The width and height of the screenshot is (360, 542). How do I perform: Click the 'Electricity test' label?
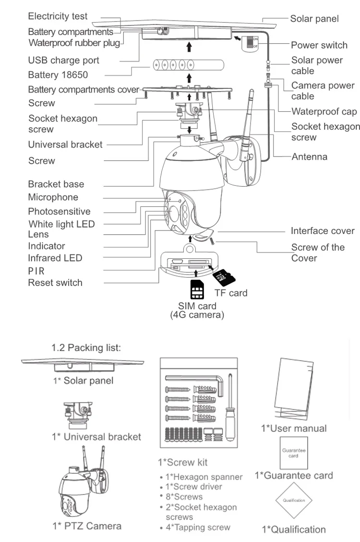point(58,16)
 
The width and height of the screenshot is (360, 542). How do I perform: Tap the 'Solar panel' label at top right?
point(314,19)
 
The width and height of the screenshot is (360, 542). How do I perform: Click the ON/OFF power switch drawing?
point(250,43)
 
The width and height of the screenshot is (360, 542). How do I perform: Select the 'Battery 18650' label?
point(58,75)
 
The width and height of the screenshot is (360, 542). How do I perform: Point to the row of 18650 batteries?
point(189,65)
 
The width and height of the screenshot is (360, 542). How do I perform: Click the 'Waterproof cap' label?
point(324,111)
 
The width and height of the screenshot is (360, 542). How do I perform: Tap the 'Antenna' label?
point(309,157)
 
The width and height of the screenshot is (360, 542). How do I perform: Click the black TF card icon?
point(224,277)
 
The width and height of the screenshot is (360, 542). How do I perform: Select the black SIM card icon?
point(197,289)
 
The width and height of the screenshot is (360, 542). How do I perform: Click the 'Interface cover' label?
point(323,230)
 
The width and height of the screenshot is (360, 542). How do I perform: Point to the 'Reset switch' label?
point(55,282)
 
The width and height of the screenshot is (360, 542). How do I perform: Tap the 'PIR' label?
point(36,271)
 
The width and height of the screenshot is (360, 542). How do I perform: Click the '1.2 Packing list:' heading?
point(86,348)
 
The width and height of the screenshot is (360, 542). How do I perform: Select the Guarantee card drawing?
point(293,453)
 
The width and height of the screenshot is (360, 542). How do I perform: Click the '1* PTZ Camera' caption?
point(87,526)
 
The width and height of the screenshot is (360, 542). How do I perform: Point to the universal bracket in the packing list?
point(78,414)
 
